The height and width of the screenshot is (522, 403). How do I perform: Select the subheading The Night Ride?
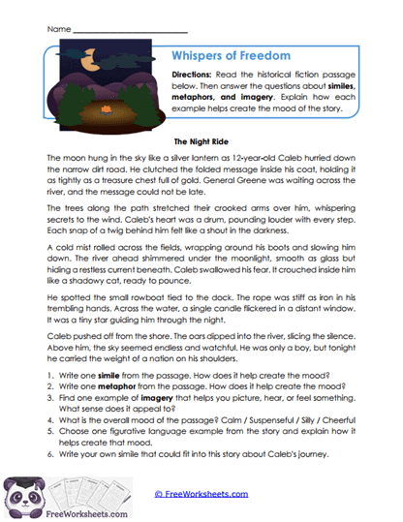201,139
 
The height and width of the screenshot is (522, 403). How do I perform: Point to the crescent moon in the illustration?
90,65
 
